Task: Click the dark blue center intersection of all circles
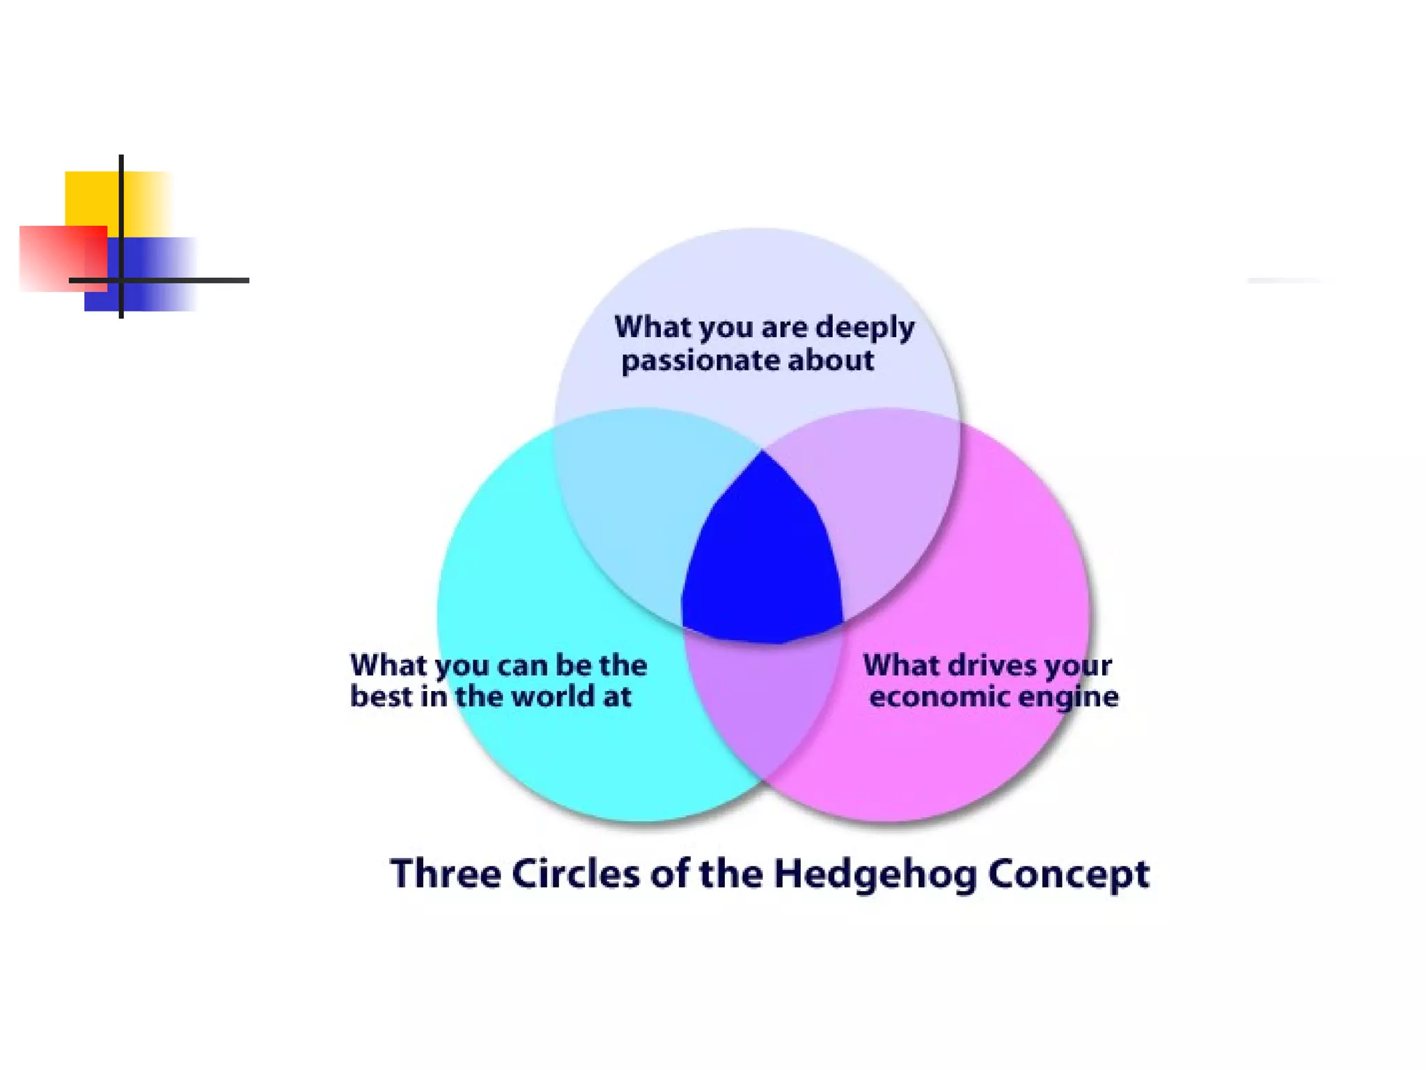tap(762, 557)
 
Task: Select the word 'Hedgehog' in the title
tap(876, 874)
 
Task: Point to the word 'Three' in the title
tap(446, 874)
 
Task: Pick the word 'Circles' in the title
tap(575, 874)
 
